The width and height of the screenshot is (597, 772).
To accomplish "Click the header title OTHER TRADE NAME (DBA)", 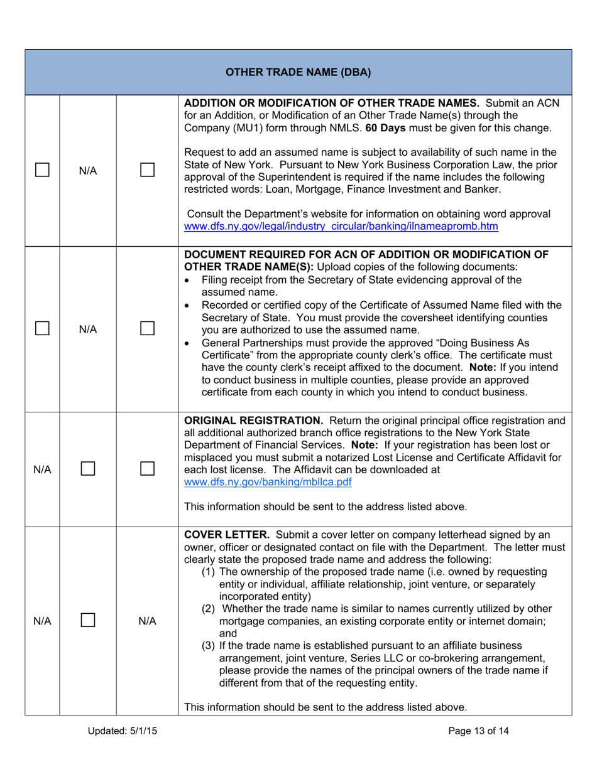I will [x=298, y=72].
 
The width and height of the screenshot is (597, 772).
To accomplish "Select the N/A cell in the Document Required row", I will [x=88, y=328].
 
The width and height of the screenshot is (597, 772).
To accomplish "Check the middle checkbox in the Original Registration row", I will [x=88, y=468].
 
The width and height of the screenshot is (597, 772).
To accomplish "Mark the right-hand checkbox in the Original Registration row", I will [x=147, y=468].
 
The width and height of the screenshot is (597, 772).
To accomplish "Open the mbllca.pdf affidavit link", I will [x=267, y=481].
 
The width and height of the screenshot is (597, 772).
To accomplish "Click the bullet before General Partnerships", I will [x=191, y=343].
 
